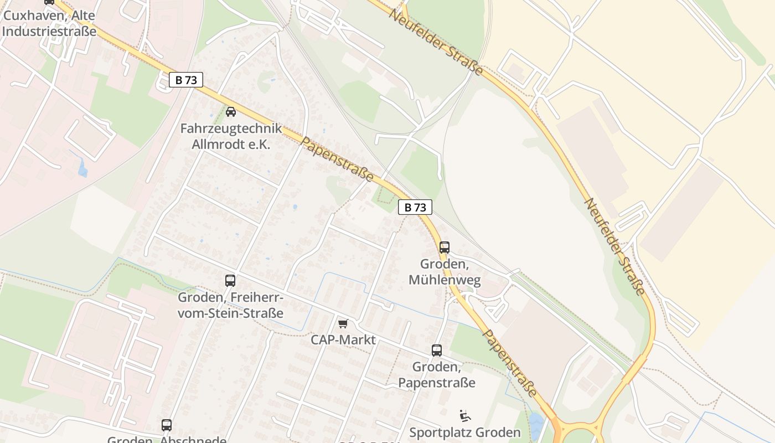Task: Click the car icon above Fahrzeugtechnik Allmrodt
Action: (231, 112)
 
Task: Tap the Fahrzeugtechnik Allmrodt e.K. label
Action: (231, 136)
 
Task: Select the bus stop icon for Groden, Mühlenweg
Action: (445, 248)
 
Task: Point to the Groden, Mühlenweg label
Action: (445, 272)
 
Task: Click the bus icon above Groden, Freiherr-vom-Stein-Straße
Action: (230, 281)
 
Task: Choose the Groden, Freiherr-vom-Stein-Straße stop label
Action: (230, 305)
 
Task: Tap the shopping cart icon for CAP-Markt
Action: (343, 323)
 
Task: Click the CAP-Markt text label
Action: (343, 339)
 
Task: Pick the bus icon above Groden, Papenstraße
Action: (437, 351)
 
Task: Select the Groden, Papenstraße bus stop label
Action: (437, 374)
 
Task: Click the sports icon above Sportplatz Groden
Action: (465, 416)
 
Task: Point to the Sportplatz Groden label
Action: (465, 432)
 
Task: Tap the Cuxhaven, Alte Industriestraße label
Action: (49, 23)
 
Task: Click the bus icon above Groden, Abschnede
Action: (167, 425)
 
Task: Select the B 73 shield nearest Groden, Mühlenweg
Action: (415, 207)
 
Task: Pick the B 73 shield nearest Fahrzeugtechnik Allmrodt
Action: (186, 80)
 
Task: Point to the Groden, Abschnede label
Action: (167, 440)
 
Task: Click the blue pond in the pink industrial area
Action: (83, 167)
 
